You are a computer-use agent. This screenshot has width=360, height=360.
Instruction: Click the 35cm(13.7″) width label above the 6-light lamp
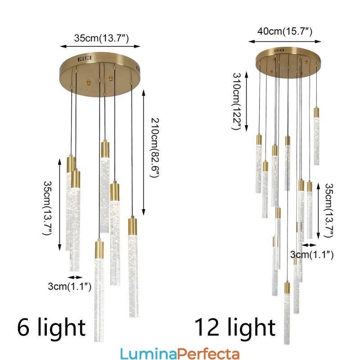pyautogui.click(x=101, y=38)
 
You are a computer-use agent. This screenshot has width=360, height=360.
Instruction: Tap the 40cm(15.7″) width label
pyautogui.click(x=285, y=31)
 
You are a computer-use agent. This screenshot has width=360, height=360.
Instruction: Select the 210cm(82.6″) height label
pyautogui.click(x=154, y=148)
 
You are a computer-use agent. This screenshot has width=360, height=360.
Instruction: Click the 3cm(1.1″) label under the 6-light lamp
pyautogui.click(x=70, y=286)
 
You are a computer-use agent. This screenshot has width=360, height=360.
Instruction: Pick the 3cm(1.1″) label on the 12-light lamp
pyautogui.click(x=312, y=254)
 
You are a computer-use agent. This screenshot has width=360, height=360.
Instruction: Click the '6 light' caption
pyautogui.click(x=51, y=327)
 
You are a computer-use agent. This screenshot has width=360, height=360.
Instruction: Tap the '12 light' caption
pyautogui.click(x=235, y=327)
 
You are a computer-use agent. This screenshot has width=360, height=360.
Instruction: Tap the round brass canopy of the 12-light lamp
pyautogui.click(x=288, y=63)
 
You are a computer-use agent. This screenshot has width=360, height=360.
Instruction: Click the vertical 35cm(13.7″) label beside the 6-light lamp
pyautogui.click(x=48, y=208)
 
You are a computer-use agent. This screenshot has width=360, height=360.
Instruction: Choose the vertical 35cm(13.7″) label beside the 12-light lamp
pyautogui.click(x=329, y=210)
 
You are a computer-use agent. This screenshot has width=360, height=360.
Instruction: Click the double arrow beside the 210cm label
pyautogui.click(x=144, y=153)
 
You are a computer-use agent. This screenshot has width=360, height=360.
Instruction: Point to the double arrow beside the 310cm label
pyautogui.click(x=247, y=101)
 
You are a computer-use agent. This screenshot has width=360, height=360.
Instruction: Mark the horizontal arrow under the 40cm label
pyautogui.click(x=285, y=41)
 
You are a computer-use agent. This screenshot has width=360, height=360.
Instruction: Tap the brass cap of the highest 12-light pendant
pyautogui.click(x=317, y=112)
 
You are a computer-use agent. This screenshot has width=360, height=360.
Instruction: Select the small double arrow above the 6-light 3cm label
pyautogui.click(x=75, y=277)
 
